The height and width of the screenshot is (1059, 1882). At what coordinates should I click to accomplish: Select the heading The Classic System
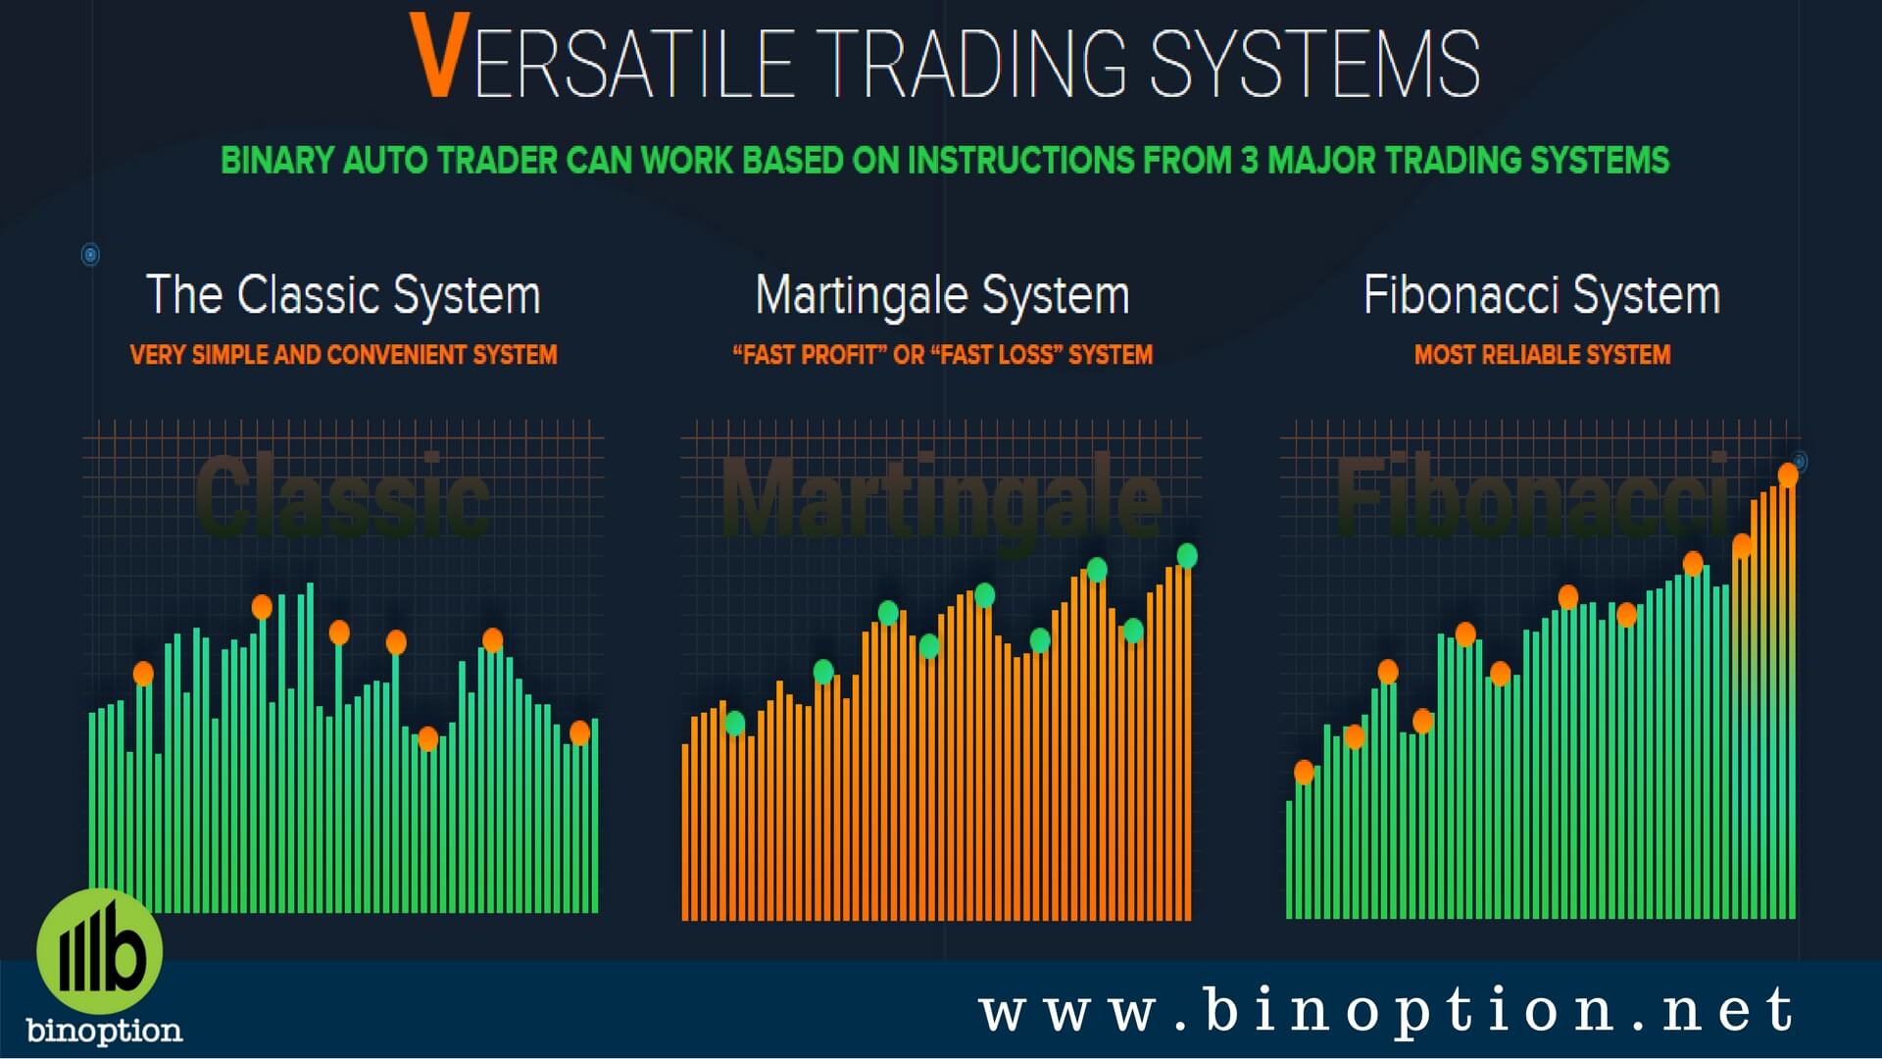pyautogui.click(x=343, y=295)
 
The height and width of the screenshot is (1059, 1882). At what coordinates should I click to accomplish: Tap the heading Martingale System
pyautogui.click(x=942, y=295)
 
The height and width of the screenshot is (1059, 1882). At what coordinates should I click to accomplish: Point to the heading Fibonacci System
pyautogui.click(x=1542, y=295)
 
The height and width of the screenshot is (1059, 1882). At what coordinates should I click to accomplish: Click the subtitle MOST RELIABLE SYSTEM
pyautogui.click(x=1542, y=355)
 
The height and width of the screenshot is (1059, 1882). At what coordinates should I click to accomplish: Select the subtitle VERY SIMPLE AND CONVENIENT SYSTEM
pyautogui.click(x=343, y=355)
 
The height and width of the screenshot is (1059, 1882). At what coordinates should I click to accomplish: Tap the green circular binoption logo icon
pyautogui.click(x=99, y=952)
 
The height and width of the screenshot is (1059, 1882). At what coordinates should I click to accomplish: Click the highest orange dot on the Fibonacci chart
pyautogui.click(x=1788, y=476)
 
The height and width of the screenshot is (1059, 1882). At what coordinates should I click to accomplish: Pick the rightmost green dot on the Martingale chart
pyautogui.click(x=1187, y=556)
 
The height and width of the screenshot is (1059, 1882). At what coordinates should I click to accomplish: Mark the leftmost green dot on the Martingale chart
pyautogui.click(x=735, y=724)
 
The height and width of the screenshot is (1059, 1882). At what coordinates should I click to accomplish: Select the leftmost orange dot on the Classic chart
pyautogui.click(x=143, y=674)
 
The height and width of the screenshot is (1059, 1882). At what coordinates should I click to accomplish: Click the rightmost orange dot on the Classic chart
pyautogui.click(x=580, y=732)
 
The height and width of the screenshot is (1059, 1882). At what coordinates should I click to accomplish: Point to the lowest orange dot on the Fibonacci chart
pyautogui.click(x=1304, y=772)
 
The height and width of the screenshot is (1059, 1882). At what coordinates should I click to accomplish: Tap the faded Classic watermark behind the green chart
pyautogui.click(x=342, y=496)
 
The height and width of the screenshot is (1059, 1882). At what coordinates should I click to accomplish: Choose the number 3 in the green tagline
pyautogui.click(x=1250, y=160)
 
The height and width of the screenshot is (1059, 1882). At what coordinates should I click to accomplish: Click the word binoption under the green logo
pyautogui.click(x=104, y=1031)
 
